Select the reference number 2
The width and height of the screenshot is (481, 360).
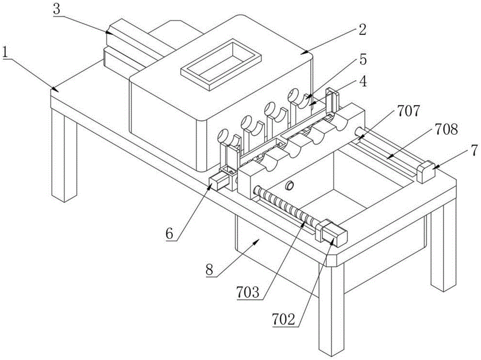[362, 30]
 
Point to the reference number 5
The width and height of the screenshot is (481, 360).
[363, 60]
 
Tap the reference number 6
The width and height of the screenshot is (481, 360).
[170, 233]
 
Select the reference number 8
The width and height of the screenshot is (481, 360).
[209, 270]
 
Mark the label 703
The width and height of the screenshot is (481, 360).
[248, 292]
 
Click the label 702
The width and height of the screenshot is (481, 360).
[283, 320]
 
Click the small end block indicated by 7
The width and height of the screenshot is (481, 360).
[427, 172]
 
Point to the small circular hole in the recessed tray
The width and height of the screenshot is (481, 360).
[289, 185]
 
